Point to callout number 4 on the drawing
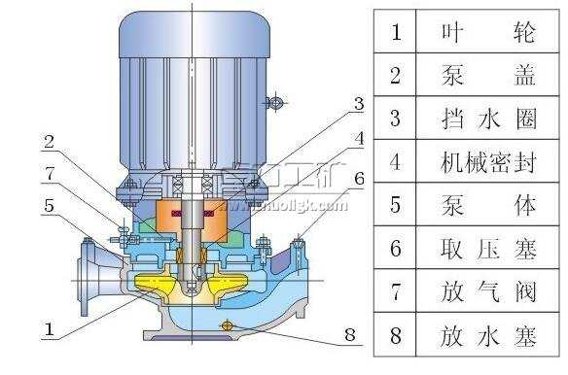coord(359,138)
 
